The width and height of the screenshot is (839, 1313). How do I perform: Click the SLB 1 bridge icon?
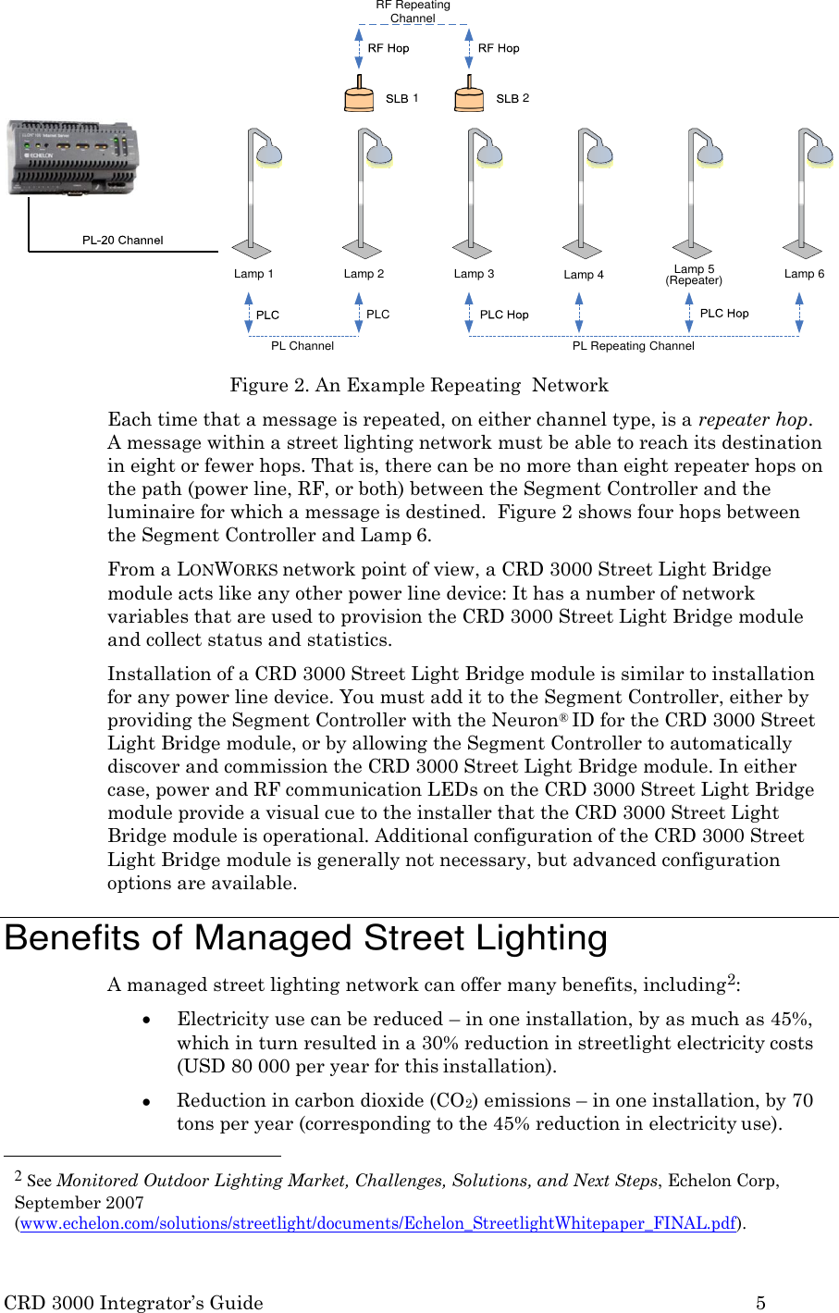(359, 96)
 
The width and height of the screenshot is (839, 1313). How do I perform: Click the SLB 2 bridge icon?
(469, 96)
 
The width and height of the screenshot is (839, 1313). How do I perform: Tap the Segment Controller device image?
(73, 157)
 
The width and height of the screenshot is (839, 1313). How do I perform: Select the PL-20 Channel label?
(122, 240)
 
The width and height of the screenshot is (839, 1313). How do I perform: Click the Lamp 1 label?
(253, 274)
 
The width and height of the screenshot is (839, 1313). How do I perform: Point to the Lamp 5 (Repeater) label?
(694, 275)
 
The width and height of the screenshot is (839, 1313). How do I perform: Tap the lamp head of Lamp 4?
(598, 153)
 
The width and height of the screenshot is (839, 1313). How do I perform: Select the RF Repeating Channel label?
(413, 11)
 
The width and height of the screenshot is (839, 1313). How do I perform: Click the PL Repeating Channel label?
(633, 346)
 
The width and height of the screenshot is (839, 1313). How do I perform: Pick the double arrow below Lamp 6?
(799, 313)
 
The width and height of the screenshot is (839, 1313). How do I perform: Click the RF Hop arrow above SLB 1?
(360, 48)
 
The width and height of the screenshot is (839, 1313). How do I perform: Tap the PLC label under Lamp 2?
(377, 315)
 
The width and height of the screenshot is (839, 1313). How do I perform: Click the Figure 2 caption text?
(419, 385)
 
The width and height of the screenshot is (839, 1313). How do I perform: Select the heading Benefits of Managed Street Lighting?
(306, 938)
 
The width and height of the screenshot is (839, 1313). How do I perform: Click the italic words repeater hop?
(753, 420)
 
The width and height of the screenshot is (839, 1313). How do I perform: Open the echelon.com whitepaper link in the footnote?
(378, 1223)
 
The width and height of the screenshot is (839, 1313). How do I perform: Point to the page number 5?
(760, 1303)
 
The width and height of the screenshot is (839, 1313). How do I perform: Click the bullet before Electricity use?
(146, 1020)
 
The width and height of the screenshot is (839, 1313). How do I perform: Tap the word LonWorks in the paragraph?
(228, 570)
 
